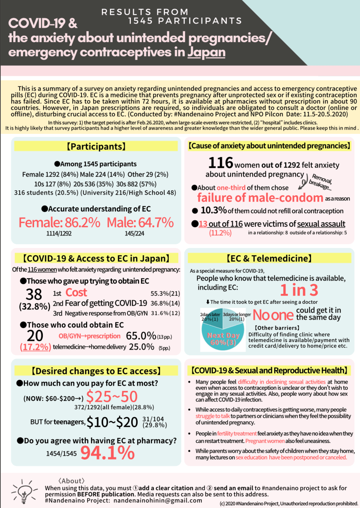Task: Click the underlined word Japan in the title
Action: tap(206, 52)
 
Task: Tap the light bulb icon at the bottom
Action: tap(24, 492)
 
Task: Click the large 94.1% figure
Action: tap(107, 452)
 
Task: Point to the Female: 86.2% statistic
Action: tap(60, 222)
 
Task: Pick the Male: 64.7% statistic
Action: tap(140, 222)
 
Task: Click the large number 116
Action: tap(220, 163)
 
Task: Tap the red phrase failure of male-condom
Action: tap(260, 198)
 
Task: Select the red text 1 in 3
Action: tap(299, 290)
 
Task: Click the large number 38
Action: tap(34, 294)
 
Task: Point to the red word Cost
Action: tap(76, 293)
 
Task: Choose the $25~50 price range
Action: tap(112, 397)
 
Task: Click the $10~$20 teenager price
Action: tap(112, 422)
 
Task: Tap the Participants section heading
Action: tap(96, 146)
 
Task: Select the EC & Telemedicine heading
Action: tap(269, 259)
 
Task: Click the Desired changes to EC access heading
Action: tap(96, 371)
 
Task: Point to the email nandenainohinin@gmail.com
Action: tap(158, 500)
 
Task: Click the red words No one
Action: tap(273, 315)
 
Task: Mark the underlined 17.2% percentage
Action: tap(35, 347)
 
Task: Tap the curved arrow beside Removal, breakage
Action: tap(304, 182)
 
